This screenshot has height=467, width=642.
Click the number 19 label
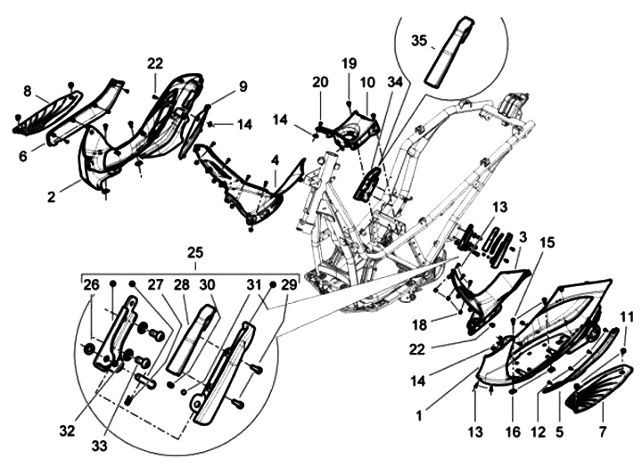click(348, 63)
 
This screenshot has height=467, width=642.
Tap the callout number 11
click(626, 315)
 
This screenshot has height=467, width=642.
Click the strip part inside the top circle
click(446, 55)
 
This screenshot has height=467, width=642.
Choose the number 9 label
click(242, 86)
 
